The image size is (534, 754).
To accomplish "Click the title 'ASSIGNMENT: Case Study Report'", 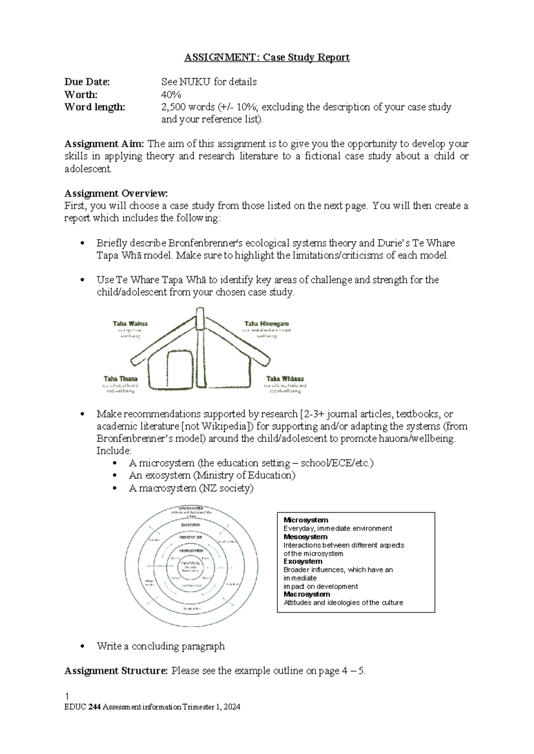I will [x=267, y=57].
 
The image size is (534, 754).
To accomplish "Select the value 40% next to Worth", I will [x=171, y=95].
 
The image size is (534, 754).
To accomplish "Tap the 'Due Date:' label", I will [x=87, y=82].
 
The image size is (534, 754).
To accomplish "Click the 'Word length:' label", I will [x=95, y=107].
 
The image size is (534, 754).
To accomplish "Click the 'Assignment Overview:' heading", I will [x=116, y=193].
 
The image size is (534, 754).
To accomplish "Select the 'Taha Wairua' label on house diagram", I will [x=130, y=324].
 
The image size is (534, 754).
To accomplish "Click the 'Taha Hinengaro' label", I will [x=267, y=324].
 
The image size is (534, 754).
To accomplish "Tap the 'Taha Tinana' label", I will [x=121, y=379].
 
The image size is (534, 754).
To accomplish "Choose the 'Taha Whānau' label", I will [x=285, y=379].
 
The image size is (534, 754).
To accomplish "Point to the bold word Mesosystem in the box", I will [x=305, y=537].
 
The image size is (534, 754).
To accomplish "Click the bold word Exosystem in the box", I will [x=303, y=561].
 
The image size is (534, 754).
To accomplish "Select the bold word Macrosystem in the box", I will [x=307, y=594].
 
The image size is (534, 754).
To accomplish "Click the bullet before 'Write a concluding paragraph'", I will [x=82, y=647].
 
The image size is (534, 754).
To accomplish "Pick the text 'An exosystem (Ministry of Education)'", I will [x=212, y=475].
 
